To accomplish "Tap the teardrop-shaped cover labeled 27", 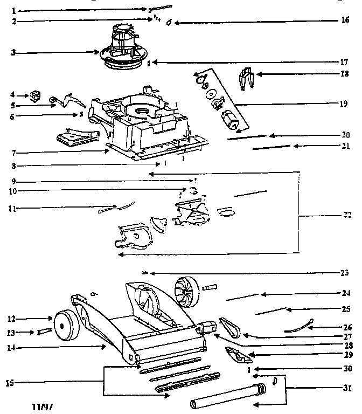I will coord(230,326).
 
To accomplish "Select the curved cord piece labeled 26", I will coord(302,325).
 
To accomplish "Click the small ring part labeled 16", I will coord(169,23).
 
